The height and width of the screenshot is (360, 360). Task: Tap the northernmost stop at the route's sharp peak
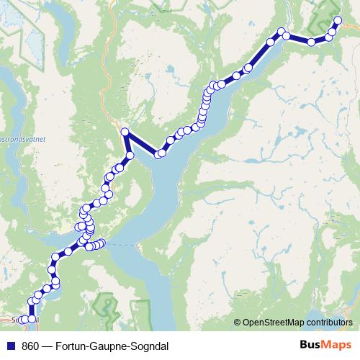[125, 132]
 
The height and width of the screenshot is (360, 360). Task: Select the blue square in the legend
[9, 345]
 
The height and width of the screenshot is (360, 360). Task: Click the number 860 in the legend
[30, 345]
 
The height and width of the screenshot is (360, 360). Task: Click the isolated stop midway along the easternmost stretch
[311, 42]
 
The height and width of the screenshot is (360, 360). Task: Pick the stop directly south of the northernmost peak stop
[130, 155]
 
